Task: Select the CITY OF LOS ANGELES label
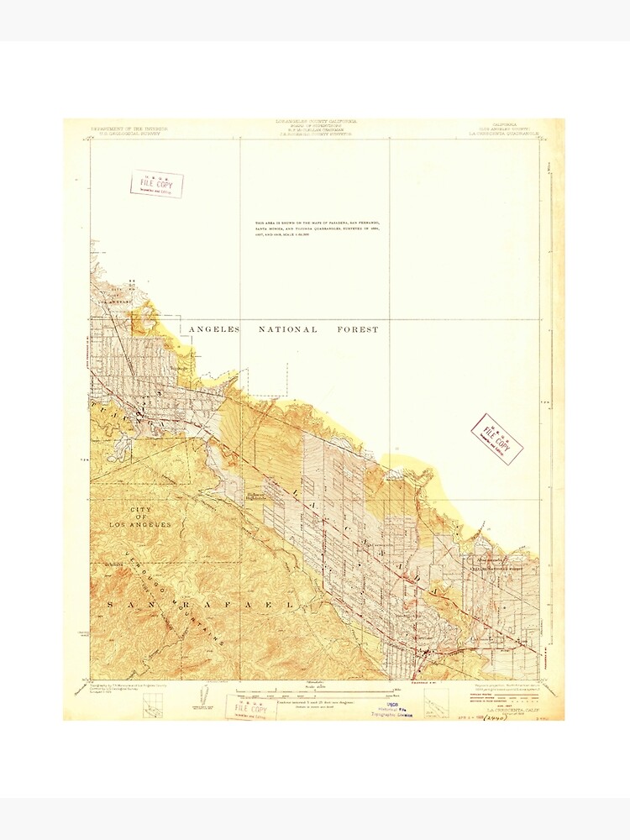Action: [139, 517]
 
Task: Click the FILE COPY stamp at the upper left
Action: [156, 184]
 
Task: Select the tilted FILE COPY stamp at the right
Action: [496, 438]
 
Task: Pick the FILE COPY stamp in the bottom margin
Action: [249, 707]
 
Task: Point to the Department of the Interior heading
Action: [129, 131]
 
